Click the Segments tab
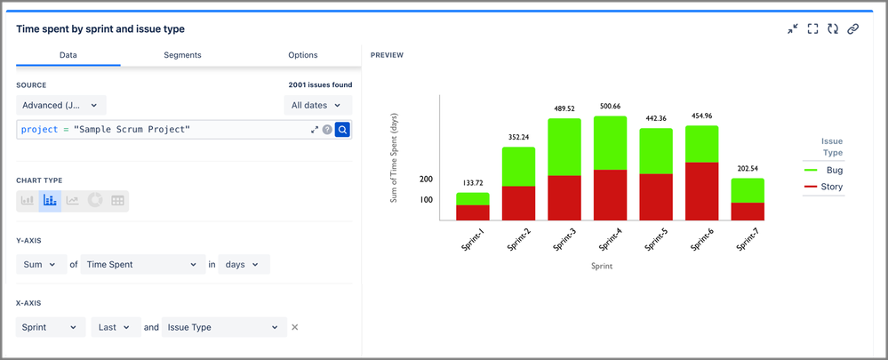[182, 55]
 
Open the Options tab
[303, 55]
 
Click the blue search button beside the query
[343, 130]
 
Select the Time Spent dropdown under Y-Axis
[143, 264]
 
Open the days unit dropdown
[244, 264]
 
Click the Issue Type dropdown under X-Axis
[223, 327]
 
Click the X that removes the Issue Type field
[295, 327]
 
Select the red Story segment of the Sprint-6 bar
[702, 190]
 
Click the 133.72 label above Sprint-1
[472, 182]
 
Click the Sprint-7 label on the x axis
[747, 241]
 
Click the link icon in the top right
[852, 29]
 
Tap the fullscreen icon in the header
[812, 29]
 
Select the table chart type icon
[117, 201]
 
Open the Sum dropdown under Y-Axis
[41, 264]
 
